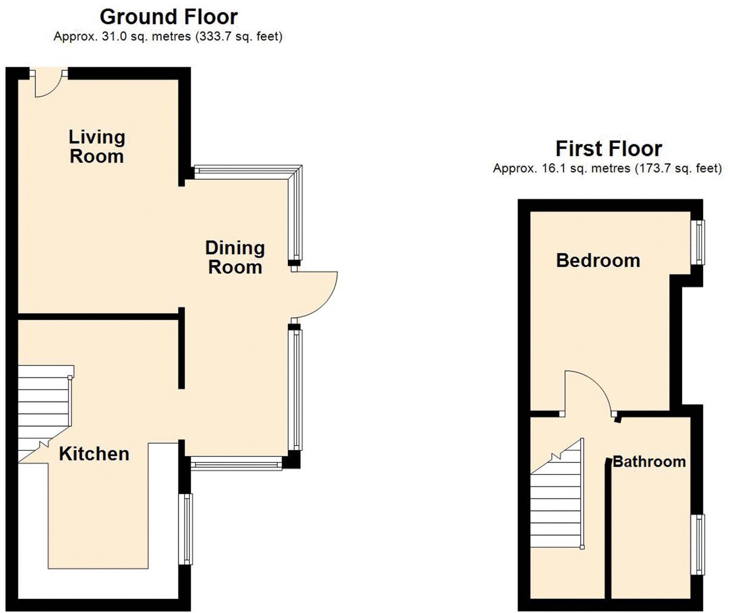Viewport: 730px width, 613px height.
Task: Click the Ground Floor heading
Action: click(x=169, y=17)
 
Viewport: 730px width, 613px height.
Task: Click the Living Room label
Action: click(x=97, y=147)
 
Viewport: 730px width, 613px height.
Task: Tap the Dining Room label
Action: click(x=235, y=257)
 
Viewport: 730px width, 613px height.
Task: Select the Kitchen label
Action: click(x=94, y=454)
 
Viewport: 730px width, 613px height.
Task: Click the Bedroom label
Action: click(x=598, y=260)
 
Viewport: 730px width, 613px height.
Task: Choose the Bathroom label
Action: click(x=649, y=462)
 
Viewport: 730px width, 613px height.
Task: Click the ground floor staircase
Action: click(x=43, y=410)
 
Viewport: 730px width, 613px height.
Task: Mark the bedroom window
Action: click(x=698, y=242)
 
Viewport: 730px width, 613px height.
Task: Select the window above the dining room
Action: click(x=246, y=172)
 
